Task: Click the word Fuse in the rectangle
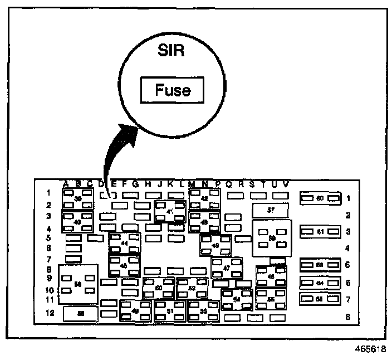pos(173,90)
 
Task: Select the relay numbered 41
pos(169,212)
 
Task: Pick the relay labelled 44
pos(124,244)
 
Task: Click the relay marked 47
pos(227,268)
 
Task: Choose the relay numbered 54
pos(237,299)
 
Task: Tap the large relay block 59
pos(272,238)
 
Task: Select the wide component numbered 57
pos(270,211)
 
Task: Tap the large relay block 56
pos(78,284)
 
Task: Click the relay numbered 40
pos(77,222)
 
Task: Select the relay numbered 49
pos(135,311)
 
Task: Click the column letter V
pos(286,184)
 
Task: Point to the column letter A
pos(65,184)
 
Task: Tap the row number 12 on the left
pos(50,313)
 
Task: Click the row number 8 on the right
pos(348,318)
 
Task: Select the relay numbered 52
pos(192,288)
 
